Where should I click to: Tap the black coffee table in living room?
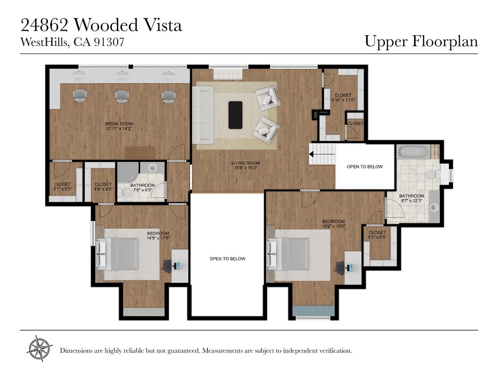[235, 115]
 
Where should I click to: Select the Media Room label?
[119, 124]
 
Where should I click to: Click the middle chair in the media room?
[122, 95]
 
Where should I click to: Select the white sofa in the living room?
[202, 115]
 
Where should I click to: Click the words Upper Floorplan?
[421, 41]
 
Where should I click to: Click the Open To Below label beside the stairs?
[365, 167]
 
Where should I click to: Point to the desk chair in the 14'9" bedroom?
[168, 266]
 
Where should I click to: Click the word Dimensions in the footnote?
[75, 351]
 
